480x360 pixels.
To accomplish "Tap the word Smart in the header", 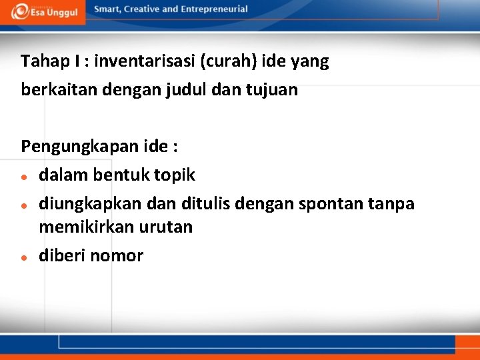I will click(107, 9).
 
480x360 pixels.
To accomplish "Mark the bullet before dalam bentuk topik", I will click(24, 177).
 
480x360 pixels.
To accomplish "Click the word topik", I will click(175, 175).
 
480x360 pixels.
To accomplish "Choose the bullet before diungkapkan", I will click(24, 205).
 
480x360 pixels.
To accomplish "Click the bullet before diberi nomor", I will click(24, 257).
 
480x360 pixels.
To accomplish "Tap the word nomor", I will click(117, 255).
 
